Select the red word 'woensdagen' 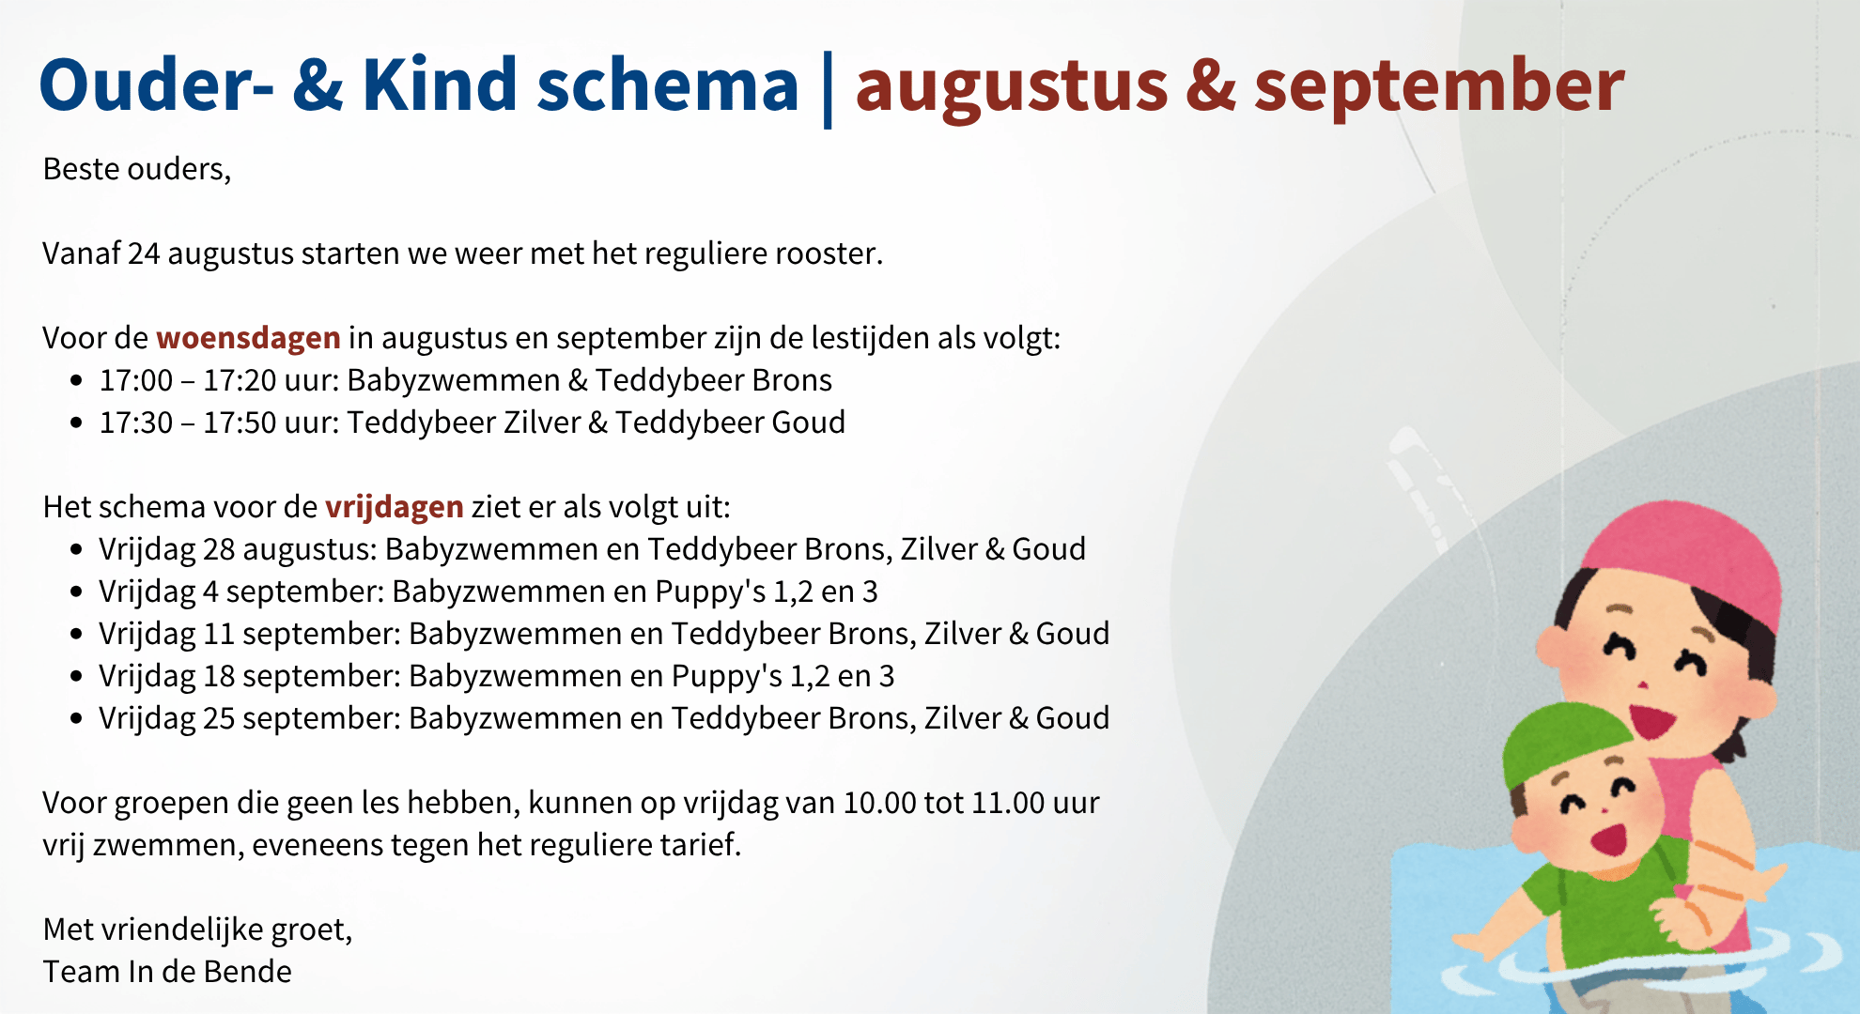pyautogui.click(x=248, y=338)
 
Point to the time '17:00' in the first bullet pyautogui.click(x=136, y=380)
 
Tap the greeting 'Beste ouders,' pyautogui.click(x=137, y=169)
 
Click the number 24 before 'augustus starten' pyautogui.click(x=144, y=253)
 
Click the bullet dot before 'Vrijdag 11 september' pyautogui.click(x=77, y=635)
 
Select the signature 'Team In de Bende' pyautogui.click(x=167, y=972)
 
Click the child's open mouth pyautogui.click(x=1610, y=837)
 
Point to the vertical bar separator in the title pyautogui.click(x=828, y=89)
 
